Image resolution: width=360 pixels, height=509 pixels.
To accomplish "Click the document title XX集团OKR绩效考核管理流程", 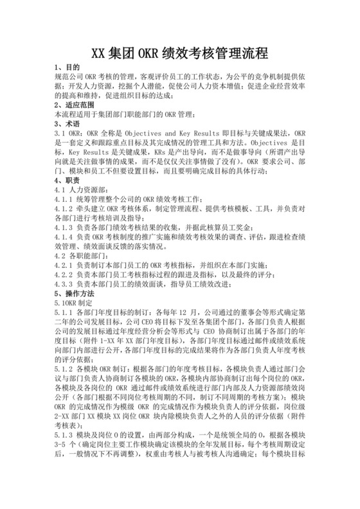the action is coord(179,52).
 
